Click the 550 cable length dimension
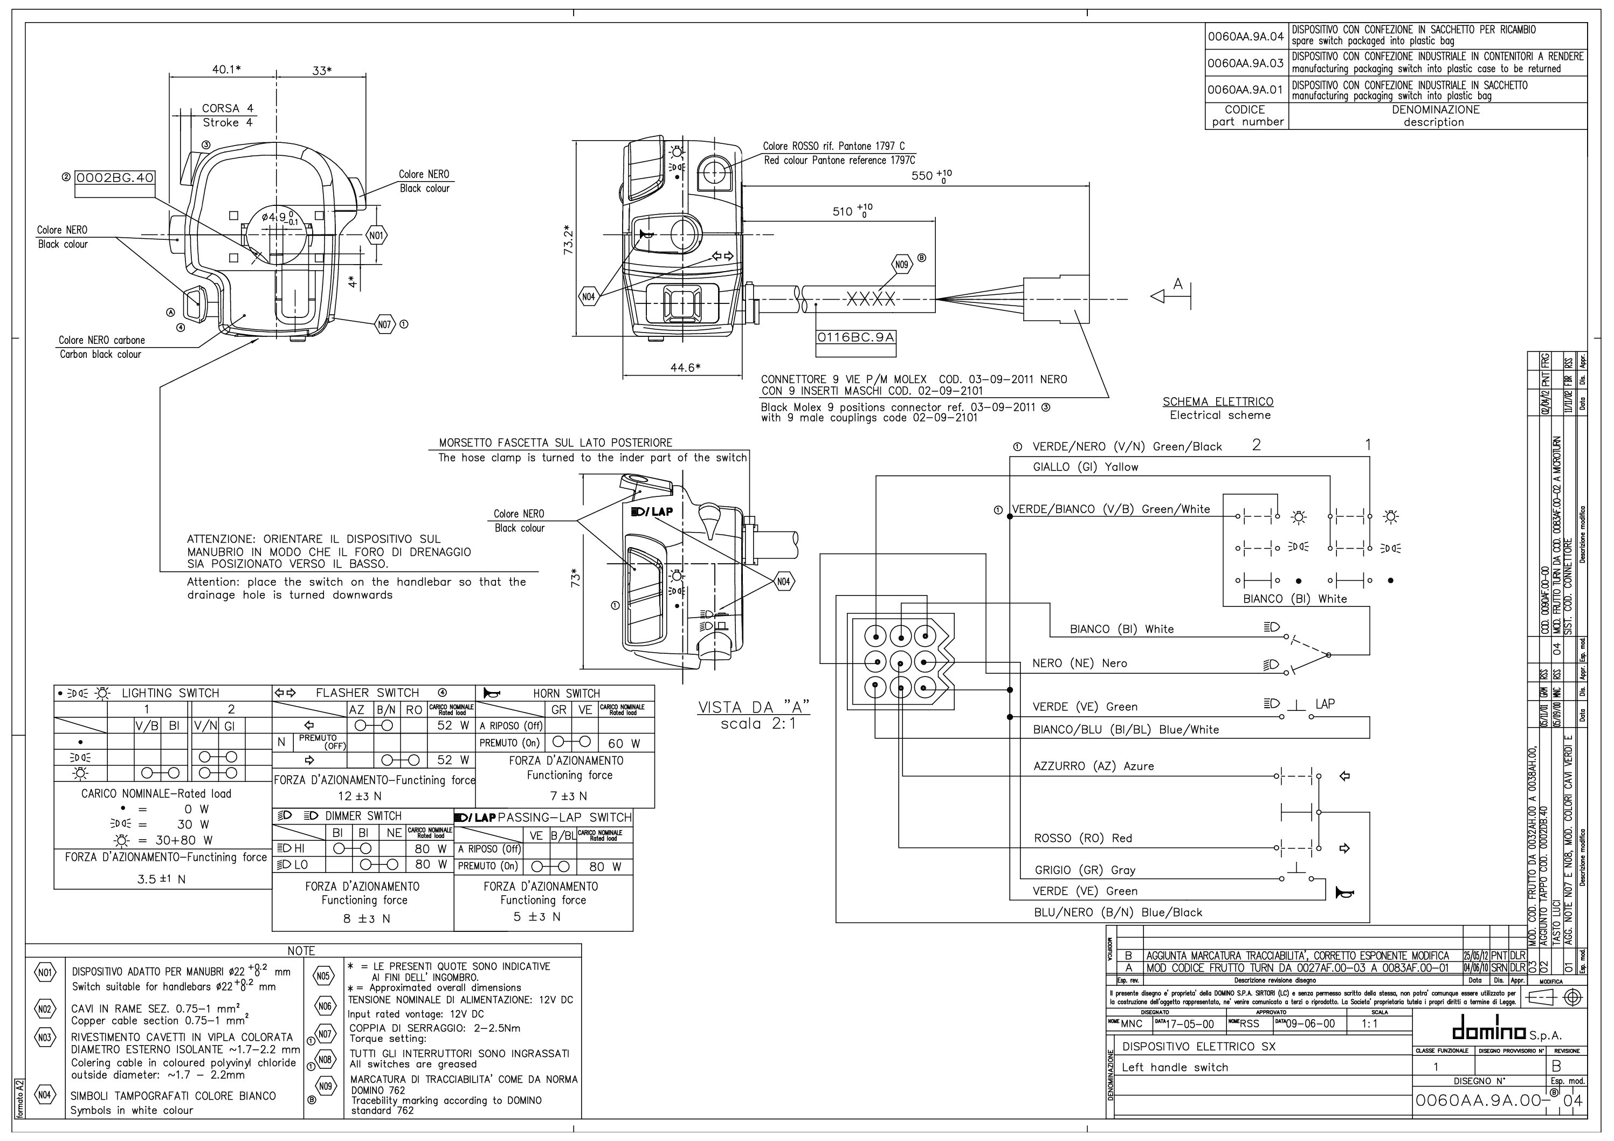(932, 175)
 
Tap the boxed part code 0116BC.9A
(856, 337)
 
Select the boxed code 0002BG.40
(115, 178)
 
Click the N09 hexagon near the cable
(901, 265)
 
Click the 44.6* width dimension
(685, 367)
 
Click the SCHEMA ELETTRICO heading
(1218, 402)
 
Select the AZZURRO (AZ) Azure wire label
(1093, 766)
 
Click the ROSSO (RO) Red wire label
(1082, 838)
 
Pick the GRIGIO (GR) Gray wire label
(1085, 870)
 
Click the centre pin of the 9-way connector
(900, 661)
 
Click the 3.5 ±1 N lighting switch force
(162, 879)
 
